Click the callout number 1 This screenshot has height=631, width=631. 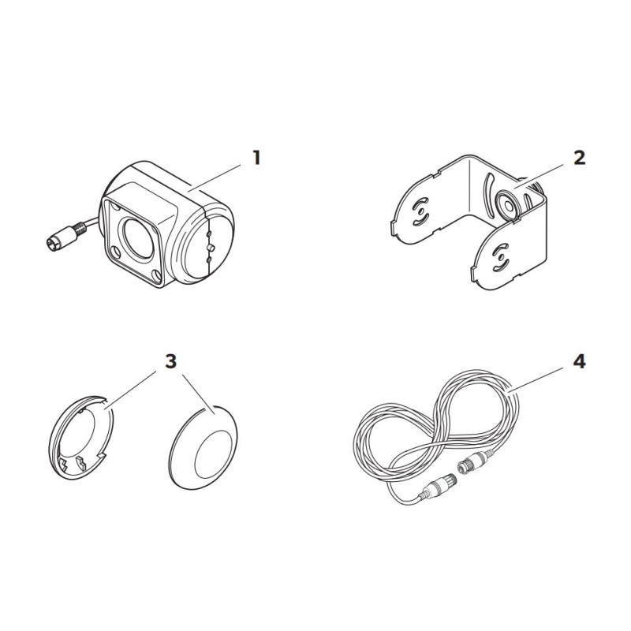(x=256, y=158)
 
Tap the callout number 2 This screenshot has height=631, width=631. (x=579, y=158)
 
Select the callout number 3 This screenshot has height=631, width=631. (x=171, y=361)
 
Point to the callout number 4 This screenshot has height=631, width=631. (x=579, y=362)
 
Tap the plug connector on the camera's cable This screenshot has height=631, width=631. (x=64, y=237)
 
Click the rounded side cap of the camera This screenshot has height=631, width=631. (x=208, y=245)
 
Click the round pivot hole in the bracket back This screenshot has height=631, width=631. (x=508, y=206)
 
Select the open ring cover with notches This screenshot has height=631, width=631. (x=81, y=437)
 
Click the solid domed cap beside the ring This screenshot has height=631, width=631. (x=203, y=447)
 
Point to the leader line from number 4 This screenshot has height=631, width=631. (x=535, y=379)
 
